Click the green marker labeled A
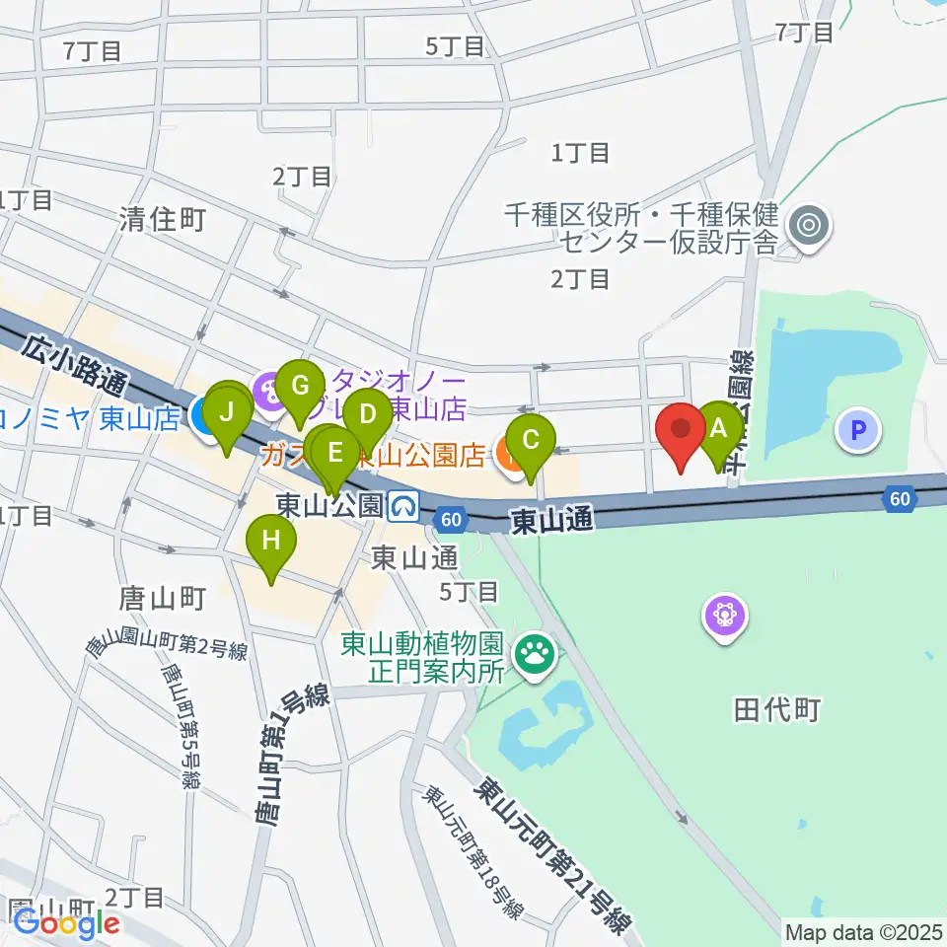[719, 428]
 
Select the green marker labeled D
[367, 414]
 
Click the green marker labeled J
[227, 411]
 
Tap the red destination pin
[682, 430]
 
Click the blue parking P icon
[857, 429]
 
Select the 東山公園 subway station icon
[402, 507]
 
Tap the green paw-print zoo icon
[536, 651]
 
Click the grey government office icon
[810, 227]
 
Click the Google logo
[66, 924]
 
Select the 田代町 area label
[776, 709]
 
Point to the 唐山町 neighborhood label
[161, 599]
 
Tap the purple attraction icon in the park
[726, 618]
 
